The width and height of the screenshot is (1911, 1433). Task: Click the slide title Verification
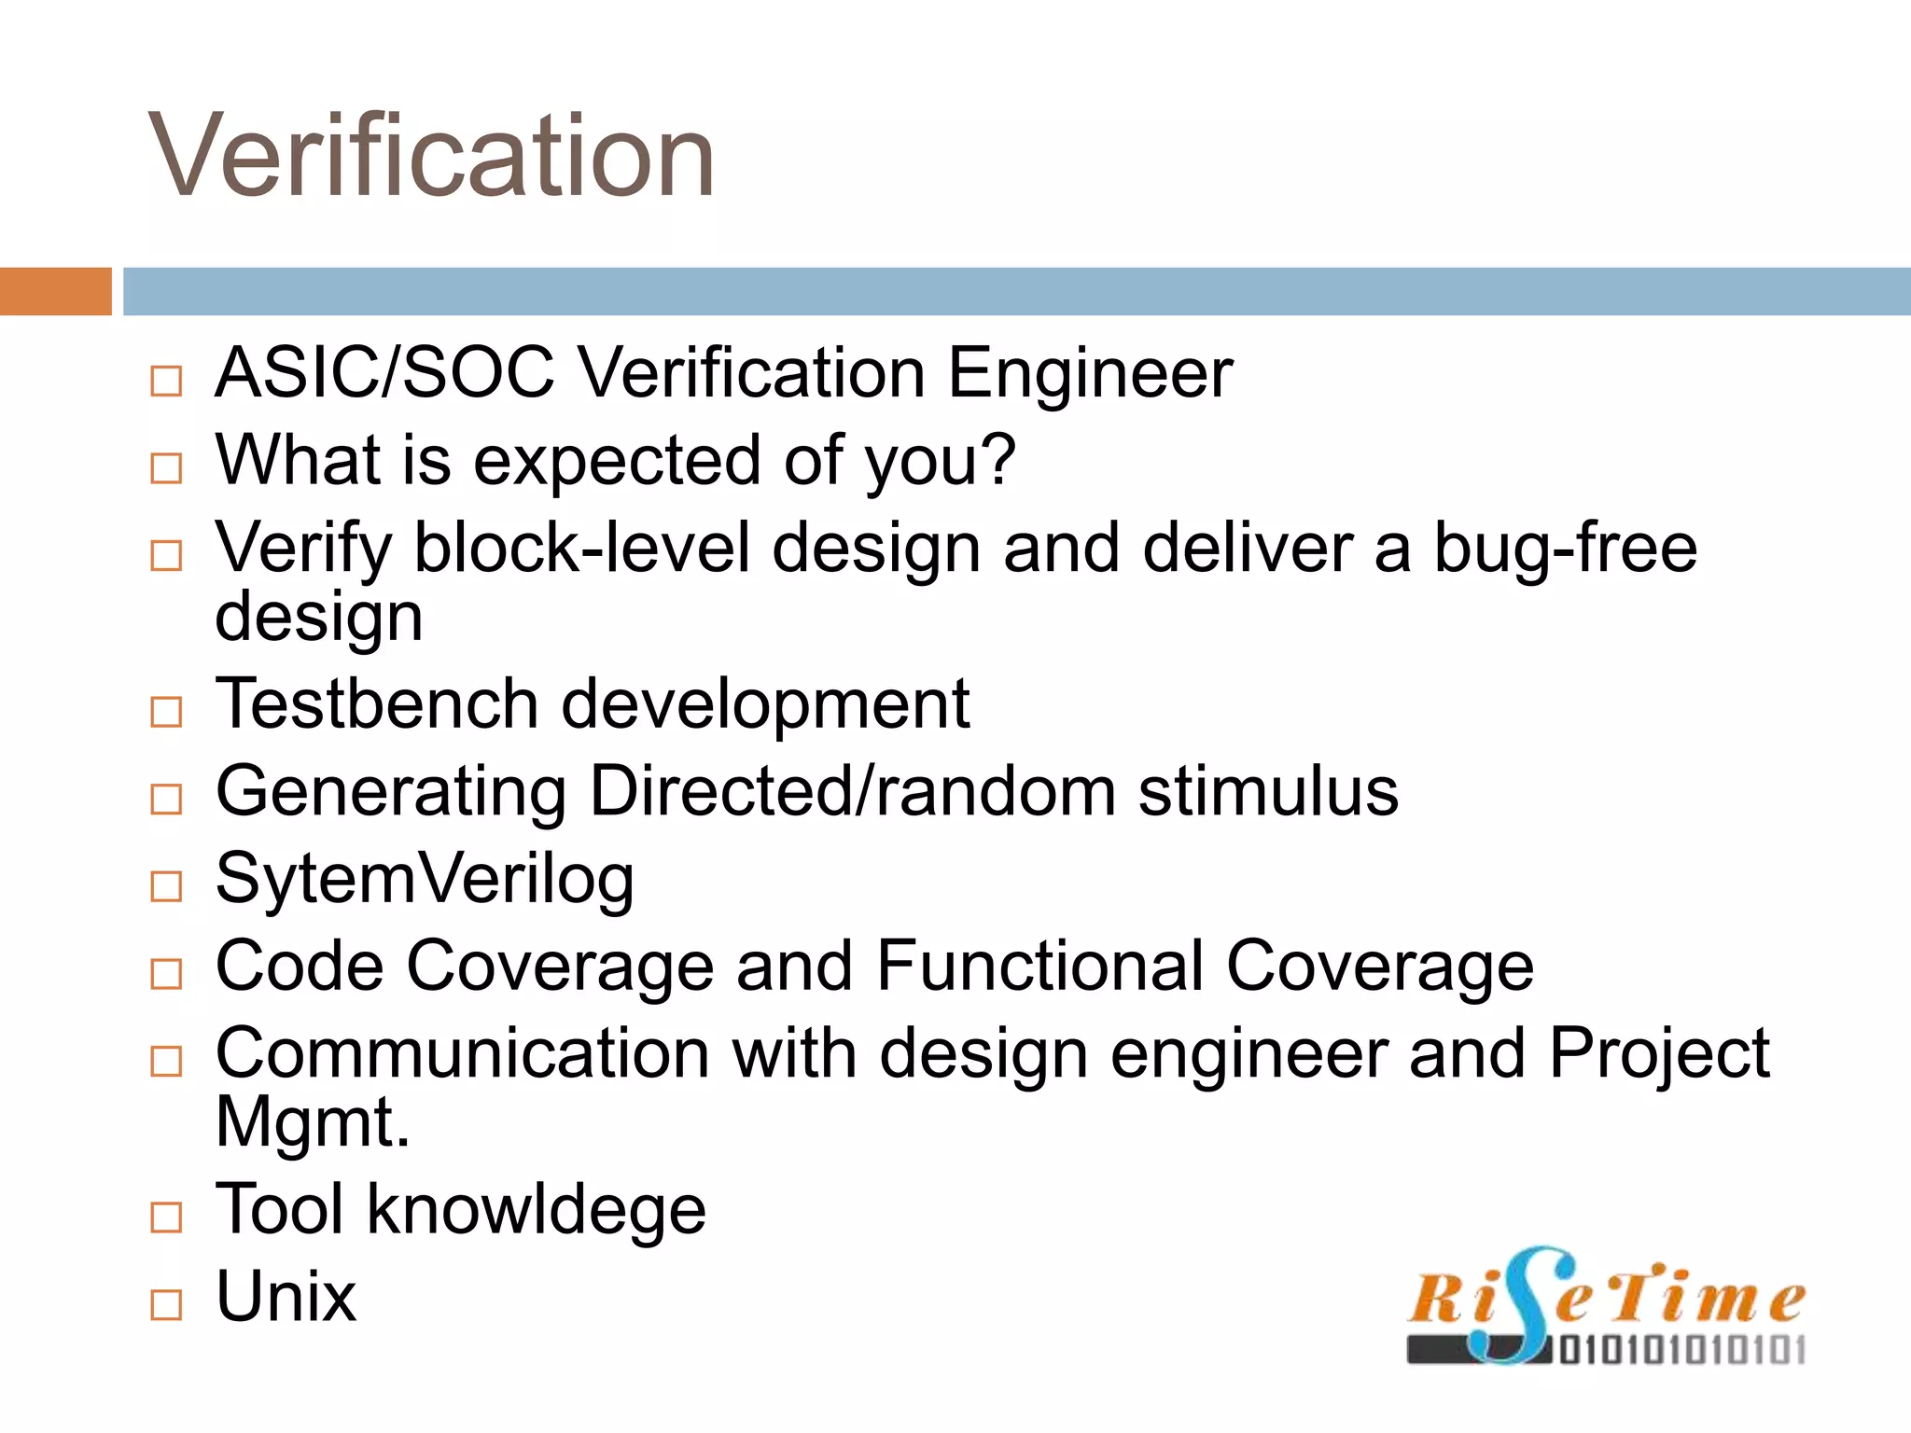(431, 156)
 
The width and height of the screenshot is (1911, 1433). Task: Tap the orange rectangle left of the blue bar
(55, 291)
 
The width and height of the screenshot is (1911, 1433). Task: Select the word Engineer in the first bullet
(1090, 373)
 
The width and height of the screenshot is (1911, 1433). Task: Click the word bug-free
(1565, 549)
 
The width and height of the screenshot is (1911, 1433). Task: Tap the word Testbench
(377, 703)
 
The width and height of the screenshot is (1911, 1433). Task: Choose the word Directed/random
(853, 791)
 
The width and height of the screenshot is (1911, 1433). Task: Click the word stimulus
(1268, 791)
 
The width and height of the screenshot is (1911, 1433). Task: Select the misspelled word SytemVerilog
(425, 879)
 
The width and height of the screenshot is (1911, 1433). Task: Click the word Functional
(1039, 966)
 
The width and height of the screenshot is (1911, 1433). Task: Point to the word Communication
(463, 1053)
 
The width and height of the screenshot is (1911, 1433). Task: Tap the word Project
(1659, 1053)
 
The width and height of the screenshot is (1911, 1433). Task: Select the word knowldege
(537, 1209)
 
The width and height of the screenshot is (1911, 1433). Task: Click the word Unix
(286, 1297)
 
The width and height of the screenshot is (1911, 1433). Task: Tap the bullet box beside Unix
(166, 1304)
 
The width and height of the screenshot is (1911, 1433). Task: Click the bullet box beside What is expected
(166, 468)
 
